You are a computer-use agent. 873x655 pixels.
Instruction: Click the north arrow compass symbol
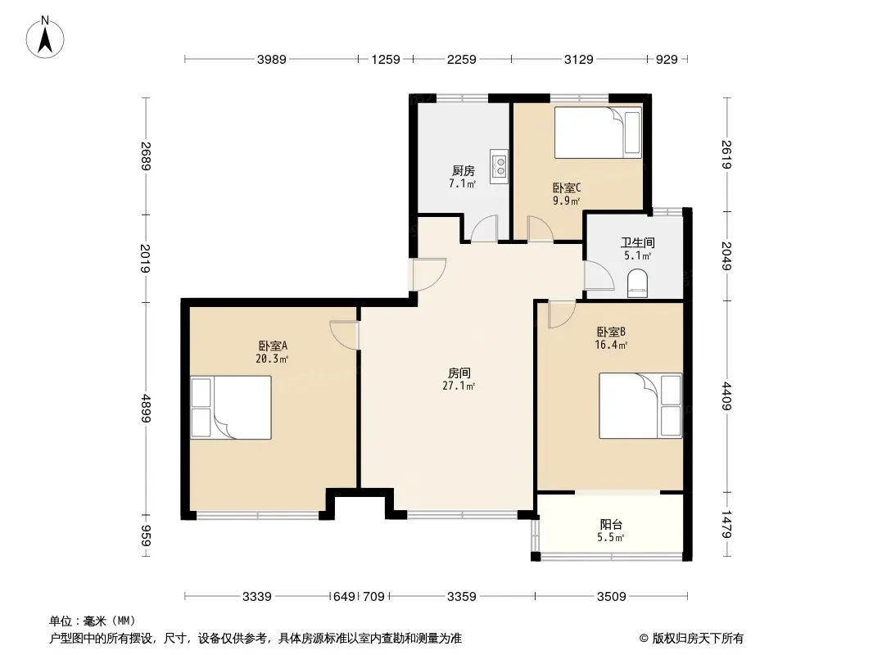point(45,38)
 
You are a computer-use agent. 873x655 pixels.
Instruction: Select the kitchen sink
point(499,166)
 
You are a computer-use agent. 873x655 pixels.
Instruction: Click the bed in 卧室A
point(231,408)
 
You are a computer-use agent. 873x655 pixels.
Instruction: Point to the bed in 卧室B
point(640,405)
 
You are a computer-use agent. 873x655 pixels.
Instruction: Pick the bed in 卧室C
point(598,133)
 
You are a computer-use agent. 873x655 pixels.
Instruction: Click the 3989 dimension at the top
point(272,59)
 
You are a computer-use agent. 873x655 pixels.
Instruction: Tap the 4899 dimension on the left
point(146,408)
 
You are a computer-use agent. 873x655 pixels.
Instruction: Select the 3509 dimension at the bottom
point(611,597)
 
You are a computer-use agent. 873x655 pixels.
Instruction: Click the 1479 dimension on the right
point(726,524)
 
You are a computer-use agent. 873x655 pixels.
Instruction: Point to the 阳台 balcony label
point(611,524)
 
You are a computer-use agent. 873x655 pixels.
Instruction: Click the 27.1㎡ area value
point(459,386)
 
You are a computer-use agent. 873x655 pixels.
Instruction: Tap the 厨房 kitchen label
point(464,171)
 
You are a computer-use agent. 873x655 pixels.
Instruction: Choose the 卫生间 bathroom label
point(637,242)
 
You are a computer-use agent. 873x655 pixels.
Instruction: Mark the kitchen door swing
point(484,228)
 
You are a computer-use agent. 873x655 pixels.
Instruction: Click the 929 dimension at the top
point(667,59)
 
